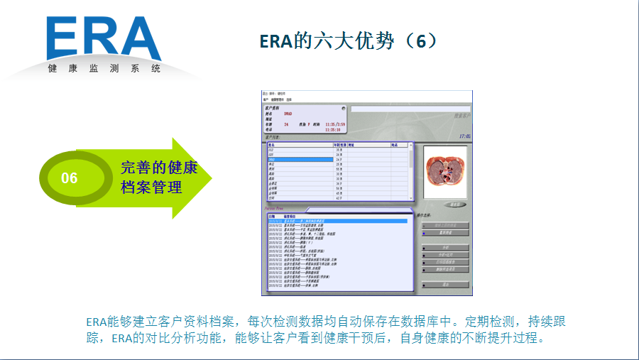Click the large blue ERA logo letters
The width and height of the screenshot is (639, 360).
104,38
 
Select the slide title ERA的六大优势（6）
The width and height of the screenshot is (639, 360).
347,41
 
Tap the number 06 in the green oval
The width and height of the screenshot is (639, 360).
70,178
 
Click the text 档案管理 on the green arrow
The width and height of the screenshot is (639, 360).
151,187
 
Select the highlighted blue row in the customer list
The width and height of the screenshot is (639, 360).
299,160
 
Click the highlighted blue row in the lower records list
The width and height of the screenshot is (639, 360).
337,221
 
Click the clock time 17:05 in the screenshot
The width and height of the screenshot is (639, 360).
464,136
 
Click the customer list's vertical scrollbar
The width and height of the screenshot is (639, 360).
412,170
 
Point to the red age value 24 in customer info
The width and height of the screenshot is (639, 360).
286,124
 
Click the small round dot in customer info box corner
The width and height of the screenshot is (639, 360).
344,109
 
